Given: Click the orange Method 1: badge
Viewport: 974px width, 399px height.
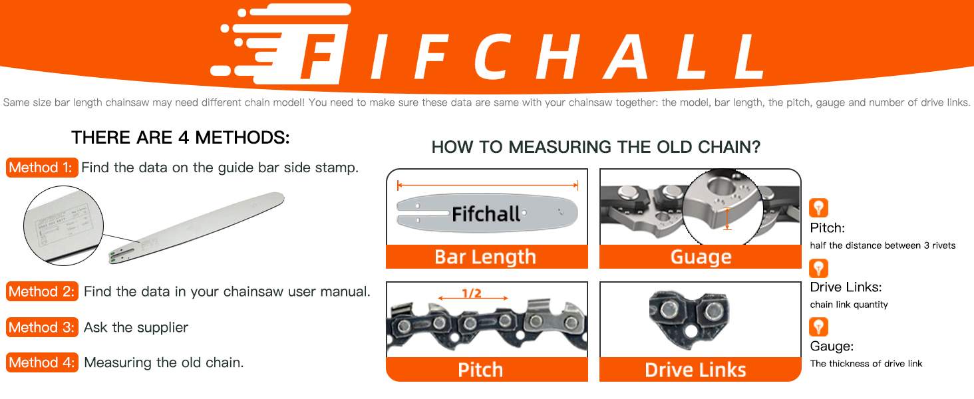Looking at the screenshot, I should (43, 168).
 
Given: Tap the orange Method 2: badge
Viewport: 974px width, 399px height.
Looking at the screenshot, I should (43, 291).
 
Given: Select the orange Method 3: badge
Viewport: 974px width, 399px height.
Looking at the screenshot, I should (43, 327).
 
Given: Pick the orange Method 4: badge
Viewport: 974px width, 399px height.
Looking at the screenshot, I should (43, 362).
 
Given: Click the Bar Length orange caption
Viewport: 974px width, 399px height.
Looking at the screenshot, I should (486, 257).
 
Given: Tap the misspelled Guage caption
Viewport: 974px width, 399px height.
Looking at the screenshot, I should (701, 257).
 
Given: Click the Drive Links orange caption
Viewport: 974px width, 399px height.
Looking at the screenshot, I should (695, 370).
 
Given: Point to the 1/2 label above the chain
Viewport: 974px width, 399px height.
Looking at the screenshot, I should (472, 293).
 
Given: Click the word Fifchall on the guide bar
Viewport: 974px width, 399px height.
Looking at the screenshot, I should (486, 213).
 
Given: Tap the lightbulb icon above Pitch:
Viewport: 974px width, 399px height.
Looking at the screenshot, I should (818, 208).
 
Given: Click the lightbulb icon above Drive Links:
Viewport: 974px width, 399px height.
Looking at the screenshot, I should (818, 268).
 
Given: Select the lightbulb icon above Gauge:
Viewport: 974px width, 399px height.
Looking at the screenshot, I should (818, 327).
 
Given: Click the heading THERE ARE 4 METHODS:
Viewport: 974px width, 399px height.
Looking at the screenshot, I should (180, 138).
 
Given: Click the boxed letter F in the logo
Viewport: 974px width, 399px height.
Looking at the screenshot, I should (321, 59).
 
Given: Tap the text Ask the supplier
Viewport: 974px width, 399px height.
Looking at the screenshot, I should (136, 327).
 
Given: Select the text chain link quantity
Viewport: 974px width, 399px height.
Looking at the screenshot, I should (849, 305).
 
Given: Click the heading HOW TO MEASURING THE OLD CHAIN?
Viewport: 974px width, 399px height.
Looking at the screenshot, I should (595, 147).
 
